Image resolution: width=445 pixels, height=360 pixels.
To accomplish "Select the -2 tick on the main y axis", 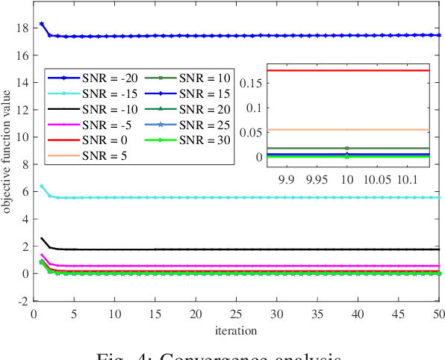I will tap(22, 301).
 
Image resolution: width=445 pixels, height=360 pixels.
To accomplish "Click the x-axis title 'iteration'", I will tap(236, 329).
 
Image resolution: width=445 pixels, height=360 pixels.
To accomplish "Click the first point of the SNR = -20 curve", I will tap(41, 24).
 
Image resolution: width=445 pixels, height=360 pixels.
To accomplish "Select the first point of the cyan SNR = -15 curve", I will tap(41, 186).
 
